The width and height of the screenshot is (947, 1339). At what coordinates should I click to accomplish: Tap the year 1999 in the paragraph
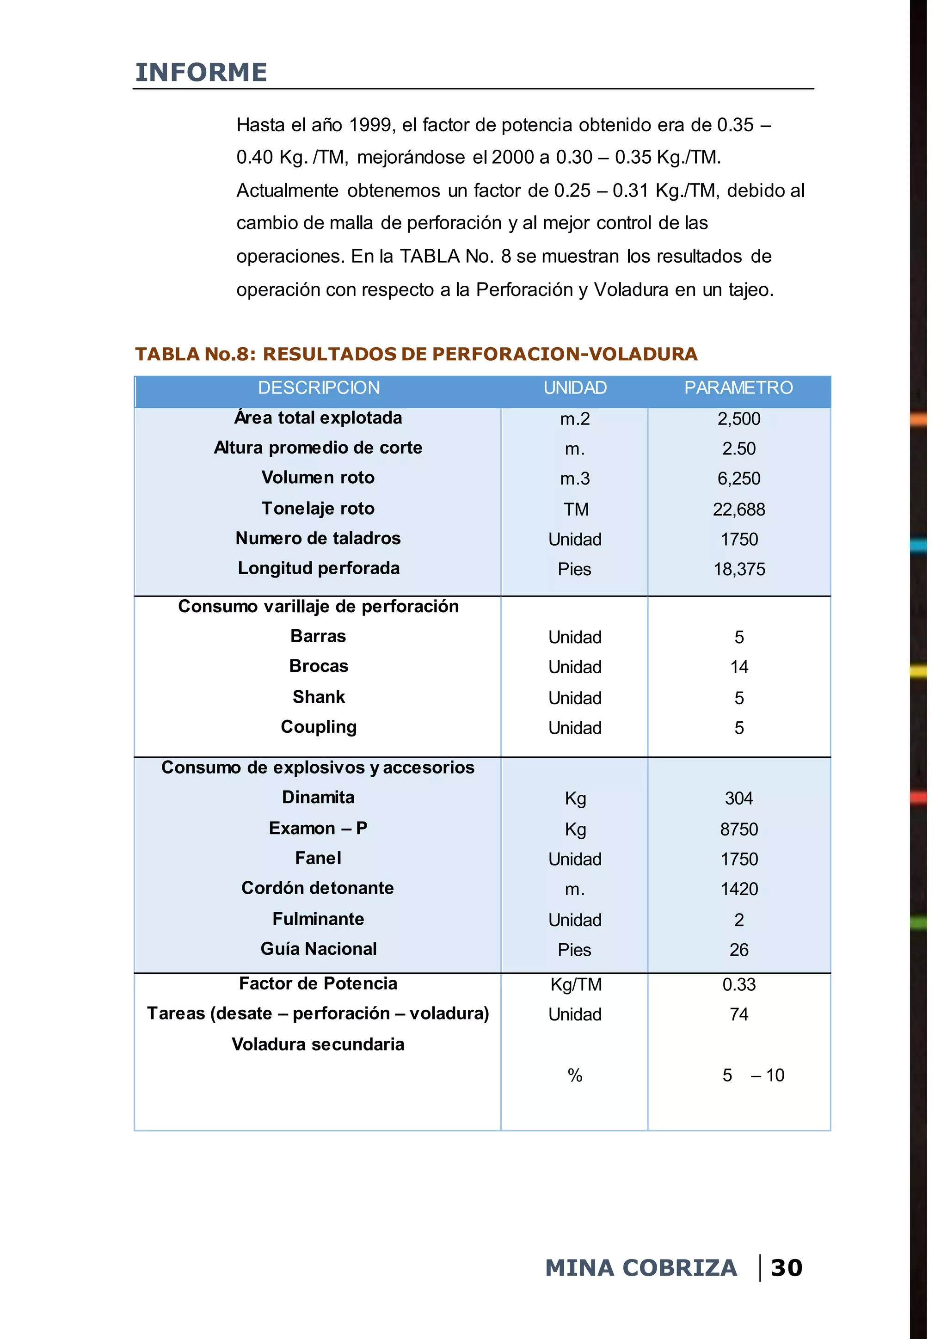pos(371,125)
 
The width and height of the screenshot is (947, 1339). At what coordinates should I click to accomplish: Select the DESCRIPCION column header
pos(319,388)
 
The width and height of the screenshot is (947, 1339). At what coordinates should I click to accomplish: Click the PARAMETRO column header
pos(738,388)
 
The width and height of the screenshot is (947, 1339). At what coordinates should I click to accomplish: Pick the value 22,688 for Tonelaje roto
pos(738,510)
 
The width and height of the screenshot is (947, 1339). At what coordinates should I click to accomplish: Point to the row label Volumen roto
pos(318,478)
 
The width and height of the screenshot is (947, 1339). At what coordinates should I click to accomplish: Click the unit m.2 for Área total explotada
pos(574,419)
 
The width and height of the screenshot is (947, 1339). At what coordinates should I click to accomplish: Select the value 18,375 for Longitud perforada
pos(739,569)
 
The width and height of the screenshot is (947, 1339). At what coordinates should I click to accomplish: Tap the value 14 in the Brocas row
pos(739,667)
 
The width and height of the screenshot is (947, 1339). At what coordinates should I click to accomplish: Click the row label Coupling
pos(319,727)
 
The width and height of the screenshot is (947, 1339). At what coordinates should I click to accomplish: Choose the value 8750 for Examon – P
pos(739,829)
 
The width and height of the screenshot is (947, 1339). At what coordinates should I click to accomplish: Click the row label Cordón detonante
pos(318,888)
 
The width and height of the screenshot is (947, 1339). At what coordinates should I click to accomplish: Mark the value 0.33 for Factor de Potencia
pos(739,984)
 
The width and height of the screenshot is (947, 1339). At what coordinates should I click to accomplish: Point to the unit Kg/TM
pos(576,984)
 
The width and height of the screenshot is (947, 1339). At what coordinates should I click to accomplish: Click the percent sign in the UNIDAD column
pos(574,1075)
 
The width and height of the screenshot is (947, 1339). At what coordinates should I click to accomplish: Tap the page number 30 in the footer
pos(786,1268)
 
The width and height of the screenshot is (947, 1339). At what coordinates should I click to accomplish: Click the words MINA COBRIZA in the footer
pos(641,1268)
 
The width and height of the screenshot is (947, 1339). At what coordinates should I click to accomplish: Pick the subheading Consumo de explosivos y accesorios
pos(318,768)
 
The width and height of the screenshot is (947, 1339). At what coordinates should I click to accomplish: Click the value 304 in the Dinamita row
pos(739,798)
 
